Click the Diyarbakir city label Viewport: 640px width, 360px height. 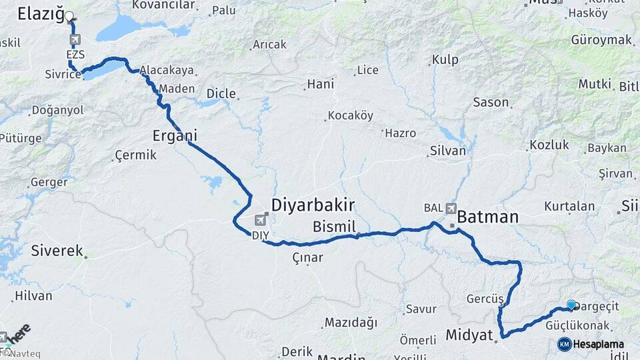(x=313, y=204)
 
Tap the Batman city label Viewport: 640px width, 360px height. (x=488, y=217)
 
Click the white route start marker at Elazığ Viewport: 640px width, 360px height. (x=69, y=15)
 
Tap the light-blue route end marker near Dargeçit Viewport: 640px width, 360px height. (x=571, y=305)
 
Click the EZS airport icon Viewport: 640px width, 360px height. (x=74, y=39)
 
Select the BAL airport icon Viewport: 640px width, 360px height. (x=451, y=208)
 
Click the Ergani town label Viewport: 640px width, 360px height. (x=174, y=135)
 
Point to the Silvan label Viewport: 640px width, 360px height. (x=449, y=151)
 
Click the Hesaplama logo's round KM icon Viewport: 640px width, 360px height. (x=564, y=344)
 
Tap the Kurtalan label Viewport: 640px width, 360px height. (x=569, y=206)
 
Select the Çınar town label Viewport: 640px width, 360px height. (x=307, y=257)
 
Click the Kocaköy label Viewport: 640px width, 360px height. (x=351, y=115)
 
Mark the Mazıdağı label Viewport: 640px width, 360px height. (x=351, y=323)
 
